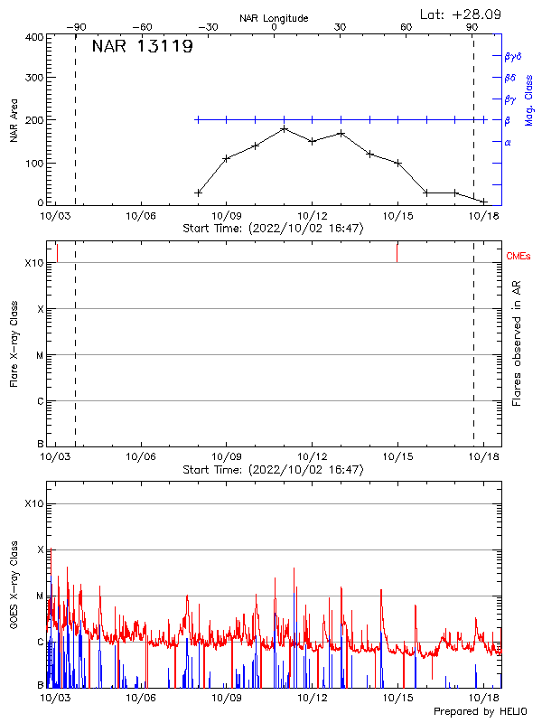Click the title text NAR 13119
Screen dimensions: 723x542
point(142,47)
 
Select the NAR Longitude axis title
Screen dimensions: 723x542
point(274,17)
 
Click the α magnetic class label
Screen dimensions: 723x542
point(508,142)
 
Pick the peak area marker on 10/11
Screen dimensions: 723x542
point(284,128)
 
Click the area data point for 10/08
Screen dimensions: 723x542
point(198,192)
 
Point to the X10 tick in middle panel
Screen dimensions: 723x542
point(33,262)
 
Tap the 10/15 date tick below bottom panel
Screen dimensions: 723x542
point(397,699)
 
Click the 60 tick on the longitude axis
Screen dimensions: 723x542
point(406,27)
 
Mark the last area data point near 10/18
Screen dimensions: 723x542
point(483,201)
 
